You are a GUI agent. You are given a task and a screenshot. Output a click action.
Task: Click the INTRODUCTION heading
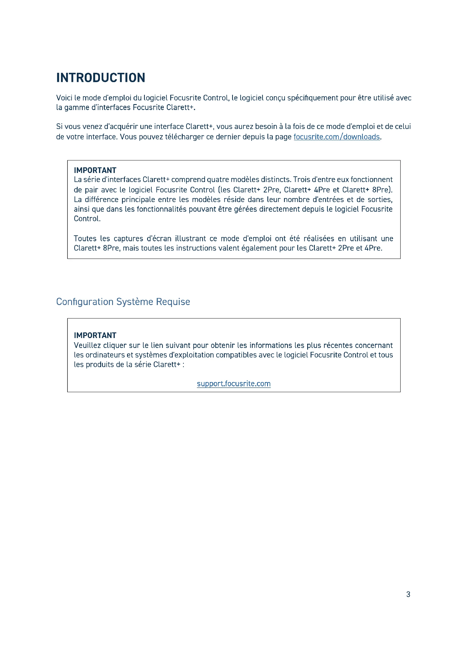click(101, 78)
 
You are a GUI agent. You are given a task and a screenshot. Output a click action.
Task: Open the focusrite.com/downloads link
click(337, 137)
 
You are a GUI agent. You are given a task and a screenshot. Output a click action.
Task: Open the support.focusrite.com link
click(234, 383)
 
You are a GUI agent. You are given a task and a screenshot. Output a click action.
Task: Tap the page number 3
click(408, 594)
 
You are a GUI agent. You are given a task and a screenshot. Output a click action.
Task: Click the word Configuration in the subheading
click(85, 302)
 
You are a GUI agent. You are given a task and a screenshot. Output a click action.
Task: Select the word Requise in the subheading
click(173, 302)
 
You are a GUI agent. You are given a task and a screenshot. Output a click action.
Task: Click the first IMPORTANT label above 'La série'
click(95, 170)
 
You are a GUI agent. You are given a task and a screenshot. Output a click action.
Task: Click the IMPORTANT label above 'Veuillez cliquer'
click(95, 335)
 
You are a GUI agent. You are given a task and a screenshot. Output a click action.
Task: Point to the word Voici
click(64, 98)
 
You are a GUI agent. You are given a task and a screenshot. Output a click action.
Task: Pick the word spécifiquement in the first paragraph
click(313, 98)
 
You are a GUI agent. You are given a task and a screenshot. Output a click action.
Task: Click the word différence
click(102, 199)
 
